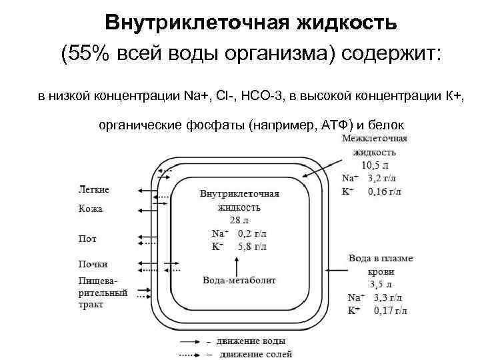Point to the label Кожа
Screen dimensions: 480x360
pyautogui.click(x=91, y=209)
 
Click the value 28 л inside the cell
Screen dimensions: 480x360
pyautogui.click(x=239, y=220)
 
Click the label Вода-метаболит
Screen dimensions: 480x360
pyautogui.click(x=239, y=280)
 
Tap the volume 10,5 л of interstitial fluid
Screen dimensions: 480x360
pyautogui.click(x=374, y=165)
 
